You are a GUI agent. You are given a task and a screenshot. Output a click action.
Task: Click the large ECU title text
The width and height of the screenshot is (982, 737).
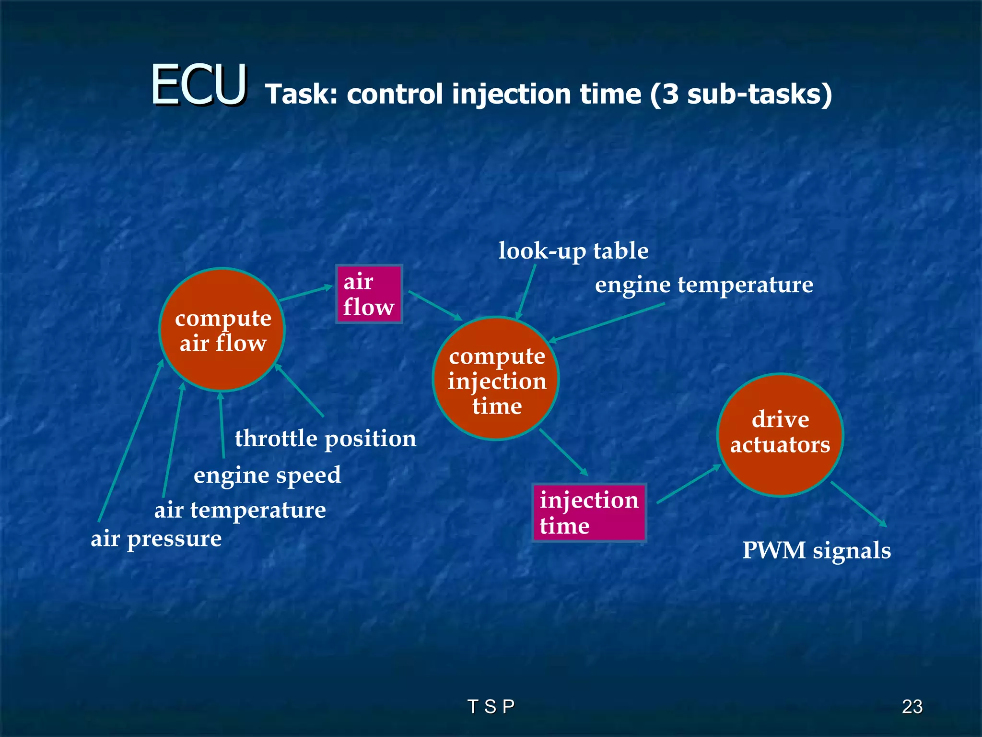pyautogui.click(x=199, y=85)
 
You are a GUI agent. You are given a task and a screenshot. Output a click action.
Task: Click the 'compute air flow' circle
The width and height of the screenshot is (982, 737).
pyautogui.click(x=222, y=330)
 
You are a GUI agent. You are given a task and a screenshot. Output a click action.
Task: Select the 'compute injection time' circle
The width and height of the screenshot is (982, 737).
pyautogui.click(x=496, y=379)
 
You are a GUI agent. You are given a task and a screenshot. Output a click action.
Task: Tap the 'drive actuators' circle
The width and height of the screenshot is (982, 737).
pyautogui.click(x=780, y=434)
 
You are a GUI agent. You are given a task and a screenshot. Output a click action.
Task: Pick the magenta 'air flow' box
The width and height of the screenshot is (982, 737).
pyautogui.click(x=369, y=294)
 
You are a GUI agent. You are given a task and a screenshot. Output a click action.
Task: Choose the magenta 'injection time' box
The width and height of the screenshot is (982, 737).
pyautogui.click(x=589, y=512)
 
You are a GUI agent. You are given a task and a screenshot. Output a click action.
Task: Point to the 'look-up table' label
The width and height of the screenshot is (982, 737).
pyautogui.click(x=573, y=251)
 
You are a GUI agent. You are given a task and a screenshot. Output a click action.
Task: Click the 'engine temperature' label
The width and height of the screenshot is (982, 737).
pyautogui.click(x=704, y=285)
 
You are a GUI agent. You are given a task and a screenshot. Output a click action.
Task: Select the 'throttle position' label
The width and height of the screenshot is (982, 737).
pyautogui.click(x=326, y=439)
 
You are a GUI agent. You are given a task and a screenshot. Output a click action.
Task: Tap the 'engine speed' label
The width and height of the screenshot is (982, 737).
pyautogui.click(x=267, y=475)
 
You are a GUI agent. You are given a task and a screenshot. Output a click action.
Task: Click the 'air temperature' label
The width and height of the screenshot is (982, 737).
pyautogui.click(x=240, y=510)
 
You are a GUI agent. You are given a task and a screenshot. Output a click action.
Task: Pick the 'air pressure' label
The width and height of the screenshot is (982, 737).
pyautogui.click(x=156, y=538)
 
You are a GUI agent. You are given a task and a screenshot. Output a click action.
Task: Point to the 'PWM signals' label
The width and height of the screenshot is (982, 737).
pyautogui.click(x=817, y=550)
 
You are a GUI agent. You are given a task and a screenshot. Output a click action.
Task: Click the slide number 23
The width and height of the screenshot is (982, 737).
pyautogui.click(x=912, y=707)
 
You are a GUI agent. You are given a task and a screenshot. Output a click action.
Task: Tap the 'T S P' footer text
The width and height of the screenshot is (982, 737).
pyautogui.click(x=491, y=707)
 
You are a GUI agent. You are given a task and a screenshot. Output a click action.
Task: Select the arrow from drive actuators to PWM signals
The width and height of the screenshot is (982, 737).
pyautogui.click(x=858, y=504)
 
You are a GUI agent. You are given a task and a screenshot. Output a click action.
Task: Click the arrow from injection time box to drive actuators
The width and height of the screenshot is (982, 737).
pyautogui.click(x=689, y=484)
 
